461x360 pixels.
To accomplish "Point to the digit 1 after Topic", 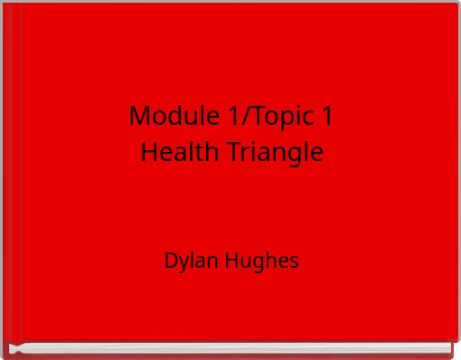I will coord(326,116).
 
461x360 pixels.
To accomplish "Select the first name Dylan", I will coord(189,262).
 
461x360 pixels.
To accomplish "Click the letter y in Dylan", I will coord(183,264).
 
